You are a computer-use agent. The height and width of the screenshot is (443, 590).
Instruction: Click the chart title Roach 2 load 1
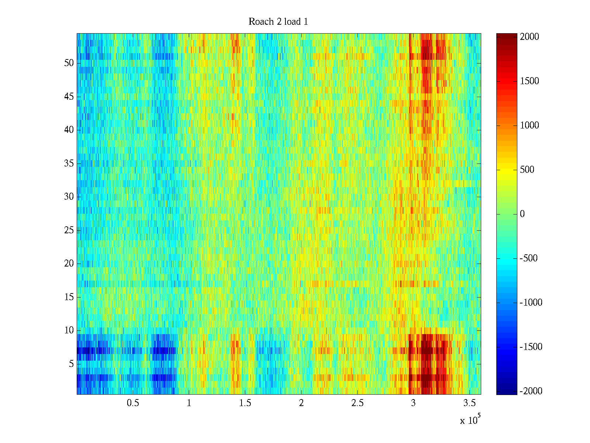(278, 22)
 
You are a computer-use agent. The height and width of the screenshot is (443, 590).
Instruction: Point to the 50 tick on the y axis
(69, 63)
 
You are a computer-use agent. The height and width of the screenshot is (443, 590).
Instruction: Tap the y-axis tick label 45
(69, 97)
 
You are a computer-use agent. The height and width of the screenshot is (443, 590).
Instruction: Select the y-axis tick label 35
(69, 164)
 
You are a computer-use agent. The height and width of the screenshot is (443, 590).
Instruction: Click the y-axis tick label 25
(69, 230)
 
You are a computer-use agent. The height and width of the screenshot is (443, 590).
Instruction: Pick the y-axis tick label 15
(69, 297)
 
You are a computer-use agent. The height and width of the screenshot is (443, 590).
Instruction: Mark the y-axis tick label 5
(71, 364)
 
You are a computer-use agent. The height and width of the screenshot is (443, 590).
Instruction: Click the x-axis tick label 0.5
(133, 403)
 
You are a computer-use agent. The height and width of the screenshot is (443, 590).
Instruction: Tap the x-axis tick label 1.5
(245, 403)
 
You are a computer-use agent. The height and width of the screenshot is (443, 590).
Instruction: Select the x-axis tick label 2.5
(357, 403)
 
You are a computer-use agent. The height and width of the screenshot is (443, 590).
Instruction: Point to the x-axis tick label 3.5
(469, 403)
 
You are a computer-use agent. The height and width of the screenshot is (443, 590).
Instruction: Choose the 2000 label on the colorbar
(530, 37)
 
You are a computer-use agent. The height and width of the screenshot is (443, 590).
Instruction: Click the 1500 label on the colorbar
(530, 81)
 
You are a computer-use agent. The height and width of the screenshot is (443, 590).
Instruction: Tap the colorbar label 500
(527, 170)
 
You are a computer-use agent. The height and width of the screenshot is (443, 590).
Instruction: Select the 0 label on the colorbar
(522, 214)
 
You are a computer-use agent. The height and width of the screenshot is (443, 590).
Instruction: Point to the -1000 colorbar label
(531, 303)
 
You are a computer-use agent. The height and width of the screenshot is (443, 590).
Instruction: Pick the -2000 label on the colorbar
(531, 391)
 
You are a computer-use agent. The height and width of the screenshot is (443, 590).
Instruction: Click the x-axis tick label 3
(413, 403)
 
